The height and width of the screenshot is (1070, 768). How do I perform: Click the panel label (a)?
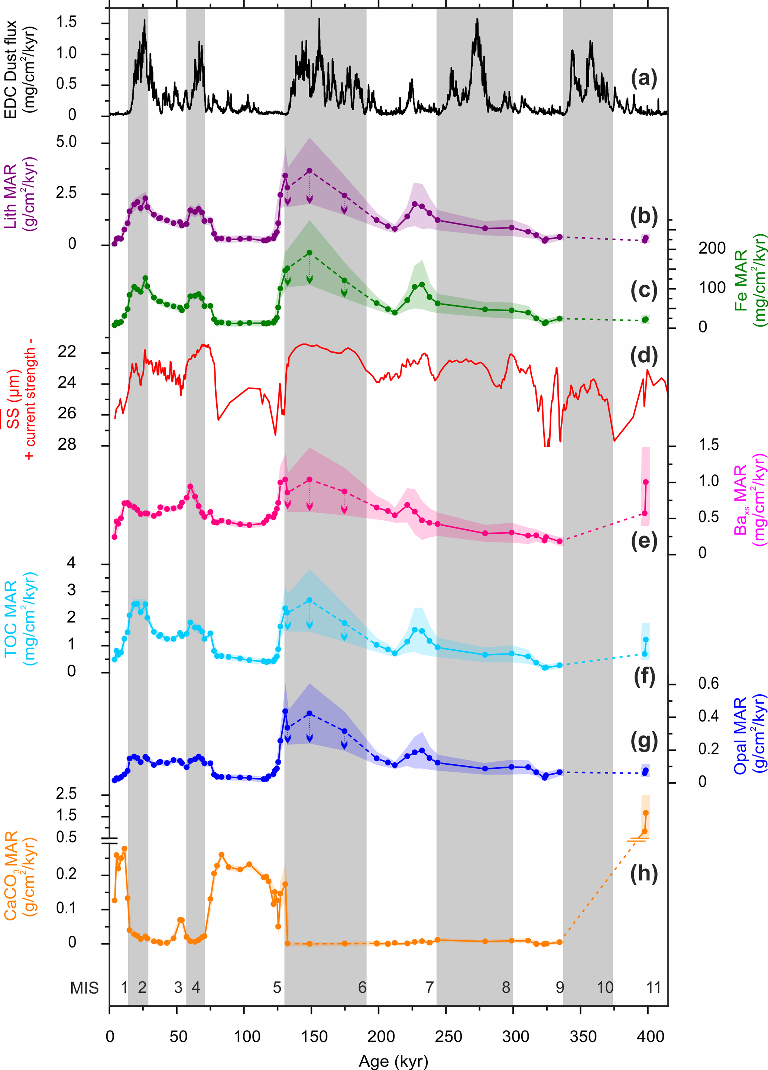coord(644,78)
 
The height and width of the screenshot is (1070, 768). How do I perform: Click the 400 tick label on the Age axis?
coord(651,1037)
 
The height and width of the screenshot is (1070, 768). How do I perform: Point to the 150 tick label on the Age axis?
coord(314,1037)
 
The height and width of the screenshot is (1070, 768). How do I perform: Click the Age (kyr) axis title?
coord(393,1061)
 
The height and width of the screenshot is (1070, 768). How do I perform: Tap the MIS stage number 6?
coord(362,987)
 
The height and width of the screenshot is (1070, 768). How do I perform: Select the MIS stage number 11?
coord(654,987)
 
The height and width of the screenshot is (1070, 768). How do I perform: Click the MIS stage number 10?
coord(605,987)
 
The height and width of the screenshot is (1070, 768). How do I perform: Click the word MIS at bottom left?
coord(84,988)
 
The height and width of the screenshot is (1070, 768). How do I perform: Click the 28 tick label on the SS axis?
coord(67,444)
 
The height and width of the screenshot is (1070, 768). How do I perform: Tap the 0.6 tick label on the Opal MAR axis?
coord(709,684)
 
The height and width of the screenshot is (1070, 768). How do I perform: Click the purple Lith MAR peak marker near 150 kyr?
coord(309,171)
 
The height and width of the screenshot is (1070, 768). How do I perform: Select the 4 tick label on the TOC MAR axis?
coord(71,563)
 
